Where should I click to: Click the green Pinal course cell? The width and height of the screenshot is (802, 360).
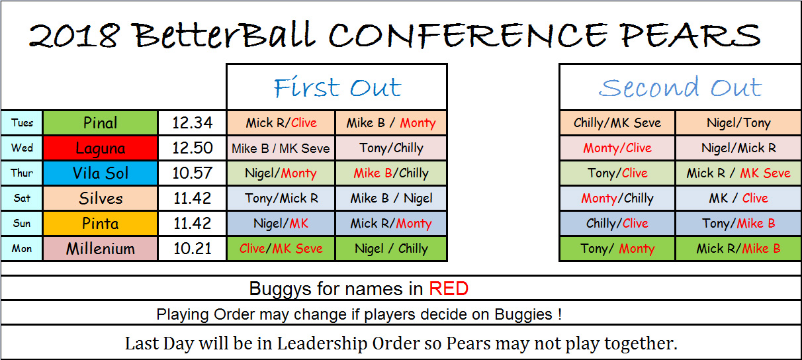click(x=101, y=123)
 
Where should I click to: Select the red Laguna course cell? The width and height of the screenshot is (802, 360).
click(x=101, y=148)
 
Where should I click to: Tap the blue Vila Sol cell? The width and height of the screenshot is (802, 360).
click(x=101, y=173)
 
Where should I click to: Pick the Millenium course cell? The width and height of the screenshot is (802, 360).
click(x=101, y=249)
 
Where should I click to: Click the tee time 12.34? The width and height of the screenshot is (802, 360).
click(x=193, y=123)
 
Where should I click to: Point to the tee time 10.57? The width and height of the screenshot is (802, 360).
click(x=193, y=173)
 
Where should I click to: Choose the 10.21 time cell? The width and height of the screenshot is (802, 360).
click(x=193, y=249)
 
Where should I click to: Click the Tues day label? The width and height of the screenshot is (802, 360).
click(x=22, y=123)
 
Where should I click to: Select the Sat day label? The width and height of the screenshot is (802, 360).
click(x=22, y=198)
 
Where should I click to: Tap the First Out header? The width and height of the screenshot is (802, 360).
click(x=337, y=87)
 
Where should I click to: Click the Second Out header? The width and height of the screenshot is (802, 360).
click(x=680, y=87)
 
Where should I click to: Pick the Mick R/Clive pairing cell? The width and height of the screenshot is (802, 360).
click(x=281, y=123)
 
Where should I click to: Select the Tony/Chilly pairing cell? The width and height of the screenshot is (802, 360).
click(x=391, y=148)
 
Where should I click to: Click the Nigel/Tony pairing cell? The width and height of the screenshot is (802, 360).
click(x=738, y=123)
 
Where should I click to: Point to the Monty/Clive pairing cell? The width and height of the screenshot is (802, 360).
click(x=617, y=148)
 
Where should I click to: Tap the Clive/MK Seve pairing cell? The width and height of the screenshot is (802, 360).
click(x=281, y=249)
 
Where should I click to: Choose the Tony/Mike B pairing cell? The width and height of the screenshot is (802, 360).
click(x=738, y=224)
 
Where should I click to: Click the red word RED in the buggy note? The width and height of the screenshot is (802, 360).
click(x=449, y=289)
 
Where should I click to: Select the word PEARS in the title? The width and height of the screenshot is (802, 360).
click(x=690, y=36)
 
